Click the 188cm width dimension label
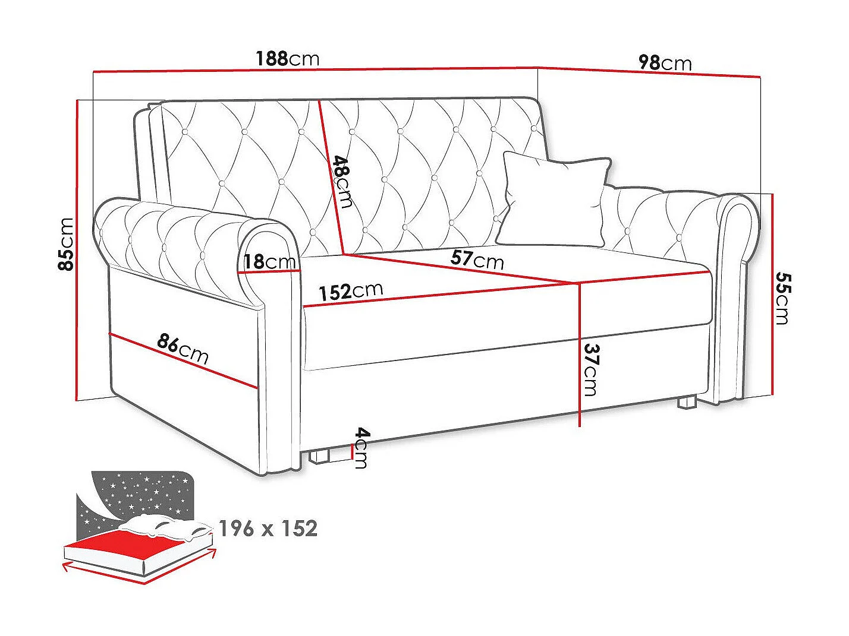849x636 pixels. coord(287,58)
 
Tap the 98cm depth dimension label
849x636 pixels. coord(665,62)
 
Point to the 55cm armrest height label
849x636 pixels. coord(783,299)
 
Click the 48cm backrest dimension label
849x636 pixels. coord(343,181)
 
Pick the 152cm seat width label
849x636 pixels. coord(351,292)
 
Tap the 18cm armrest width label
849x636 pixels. coord(269,261)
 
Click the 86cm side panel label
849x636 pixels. coord(183,349)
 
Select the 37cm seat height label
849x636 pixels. coord(591,369)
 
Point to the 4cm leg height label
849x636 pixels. coord(361,448)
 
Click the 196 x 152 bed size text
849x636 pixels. coord(268,528)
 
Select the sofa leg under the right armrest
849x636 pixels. coord(687,403)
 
